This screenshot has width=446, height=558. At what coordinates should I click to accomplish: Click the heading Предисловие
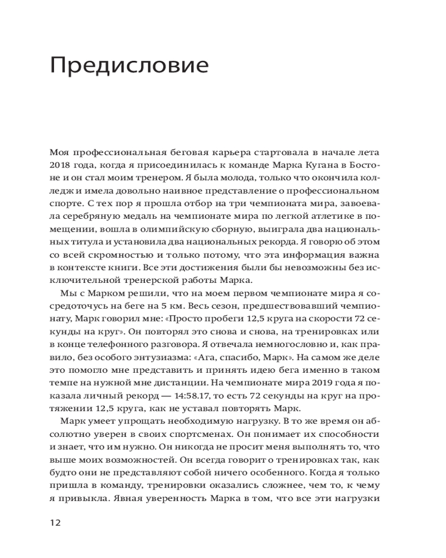(129, 66)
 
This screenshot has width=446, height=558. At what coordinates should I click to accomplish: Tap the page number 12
(55, 523)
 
